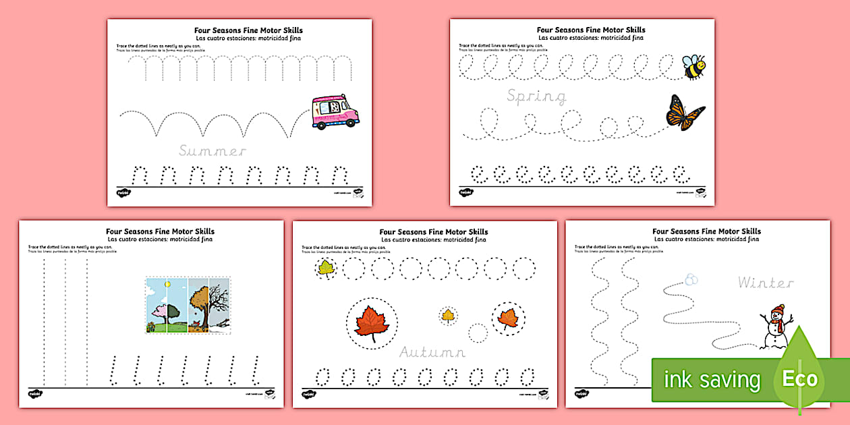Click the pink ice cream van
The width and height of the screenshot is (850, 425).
[335, 111]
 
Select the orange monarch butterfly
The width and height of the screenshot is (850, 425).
[685, 112]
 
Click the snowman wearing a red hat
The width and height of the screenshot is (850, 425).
[777, 328]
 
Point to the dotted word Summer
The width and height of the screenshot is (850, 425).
[213, 151]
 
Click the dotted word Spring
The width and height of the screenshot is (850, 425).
[537, 97]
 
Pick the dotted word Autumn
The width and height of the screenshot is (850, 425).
[432, 352]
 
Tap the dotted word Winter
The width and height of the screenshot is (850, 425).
[765, 282]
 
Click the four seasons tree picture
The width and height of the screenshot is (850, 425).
[188, 306]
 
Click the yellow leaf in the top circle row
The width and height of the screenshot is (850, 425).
[327, 268]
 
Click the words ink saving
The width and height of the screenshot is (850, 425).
[711, 380]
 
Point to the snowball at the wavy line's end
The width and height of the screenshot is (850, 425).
[691, 279]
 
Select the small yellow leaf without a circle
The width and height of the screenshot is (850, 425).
[447, 314]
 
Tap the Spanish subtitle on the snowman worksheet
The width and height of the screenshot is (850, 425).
[706, 239]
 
